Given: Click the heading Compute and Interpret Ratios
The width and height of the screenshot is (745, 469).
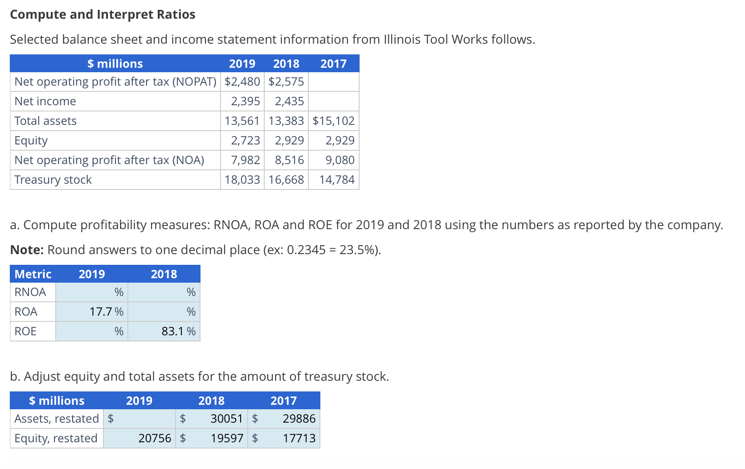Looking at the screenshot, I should click(102, 15).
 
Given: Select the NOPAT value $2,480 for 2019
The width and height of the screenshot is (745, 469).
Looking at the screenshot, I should click(242, 82).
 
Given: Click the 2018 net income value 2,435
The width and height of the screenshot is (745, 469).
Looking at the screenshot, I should click(289, 101).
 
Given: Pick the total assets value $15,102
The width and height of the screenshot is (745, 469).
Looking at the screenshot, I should click(333, 121).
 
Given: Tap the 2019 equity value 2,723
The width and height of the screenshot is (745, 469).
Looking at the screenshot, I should click(245, 140).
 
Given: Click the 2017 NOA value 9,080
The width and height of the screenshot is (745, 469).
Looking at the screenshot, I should click(340, 160).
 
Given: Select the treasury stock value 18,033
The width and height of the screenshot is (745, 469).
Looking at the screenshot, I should click(242, 180).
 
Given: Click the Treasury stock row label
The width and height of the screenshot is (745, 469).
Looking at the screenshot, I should click(53, 180).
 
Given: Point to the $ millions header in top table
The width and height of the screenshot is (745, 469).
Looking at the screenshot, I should click(115, 64).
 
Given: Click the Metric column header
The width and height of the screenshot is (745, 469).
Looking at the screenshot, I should click(33, 274).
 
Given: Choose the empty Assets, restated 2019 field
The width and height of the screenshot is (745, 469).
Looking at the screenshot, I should click(143, 419).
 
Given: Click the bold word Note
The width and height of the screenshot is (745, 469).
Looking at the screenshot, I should click(27, 250).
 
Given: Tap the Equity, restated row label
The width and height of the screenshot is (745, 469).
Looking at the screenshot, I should click(56, 438).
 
